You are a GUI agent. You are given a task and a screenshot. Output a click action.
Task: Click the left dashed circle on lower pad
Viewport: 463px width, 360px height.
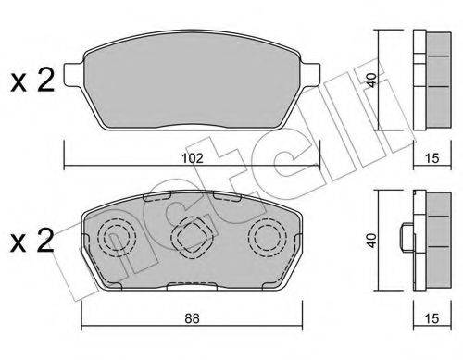point(117,239)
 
